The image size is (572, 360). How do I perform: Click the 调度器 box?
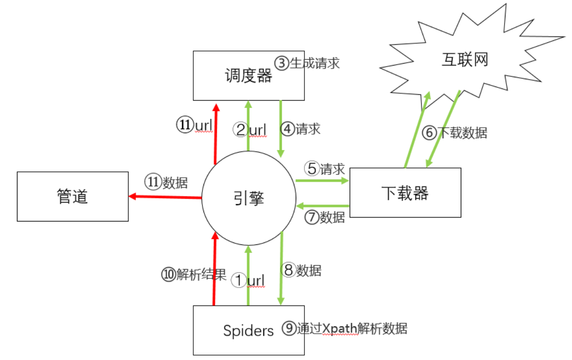(249, 76)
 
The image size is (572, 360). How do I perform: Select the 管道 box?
(73, 196)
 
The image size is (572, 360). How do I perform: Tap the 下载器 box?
(405, 193)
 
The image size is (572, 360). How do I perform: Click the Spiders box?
(249, 331)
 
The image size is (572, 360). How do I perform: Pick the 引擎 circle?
(249, 198)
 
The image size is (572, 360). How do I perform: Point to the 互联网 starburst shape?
(464, 61)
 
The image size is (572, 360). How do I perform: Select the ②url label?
(250, 129)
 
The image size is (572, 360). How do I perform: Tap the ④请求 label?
(301, 129)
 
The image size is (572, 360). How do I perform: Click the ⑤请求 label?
(324, 169)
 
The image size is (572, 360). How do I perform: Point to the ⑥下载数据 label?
(454, 133)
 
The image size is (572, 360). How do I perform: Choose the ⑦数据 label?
(324, 217)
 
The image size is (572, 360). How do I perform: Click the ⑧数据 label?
(302, 270)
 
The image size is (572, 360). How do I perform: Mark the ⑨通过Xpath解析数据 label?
(345, 328)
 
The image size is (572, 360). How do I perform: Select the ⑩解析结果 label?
(194, 274)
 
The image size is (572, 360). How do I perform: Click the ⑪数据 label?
(166, 182)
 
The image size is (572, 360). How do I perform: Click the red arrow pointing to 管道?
(165, 197)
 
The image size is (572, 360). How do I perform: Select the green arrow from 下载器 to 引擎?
(322, 206)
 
